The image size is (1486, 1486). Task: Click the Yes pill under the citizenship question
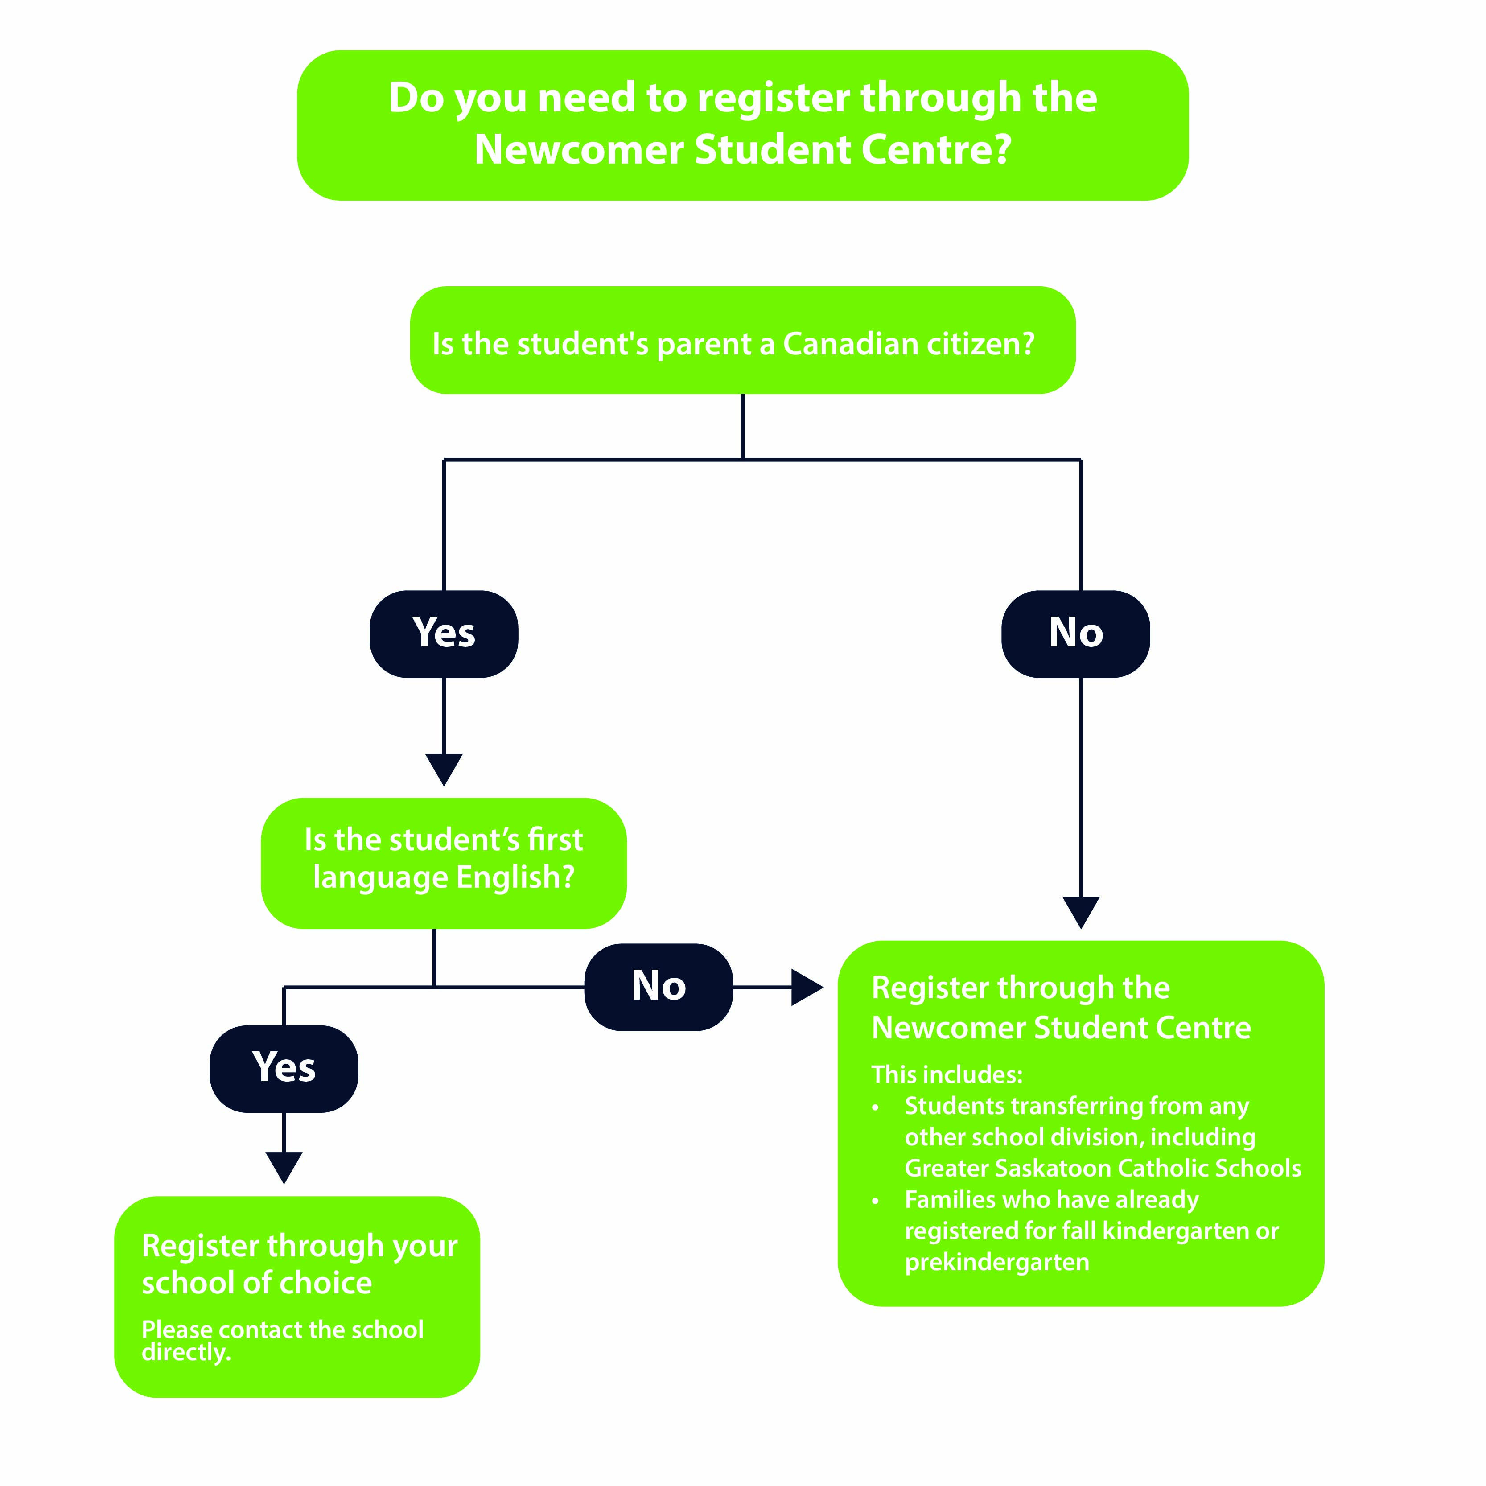click(444, 634)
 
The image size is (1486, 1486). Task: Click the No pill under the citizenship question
click(1075, 634)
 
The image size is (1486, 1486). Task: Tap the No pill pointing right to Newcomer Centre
click(659, 987)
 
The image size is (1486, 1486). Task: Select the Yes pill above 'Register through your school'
click(284, 1068)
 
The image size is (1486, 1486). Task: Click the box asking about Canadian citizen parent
click(742, 341)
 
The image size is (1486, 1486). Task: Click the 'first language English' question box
click(444, 863)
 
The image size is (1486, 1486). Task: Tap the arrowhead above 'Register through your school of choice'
click(284, 1167)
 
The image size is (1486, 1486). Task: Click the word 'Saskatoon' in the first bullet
click(1053, 1169)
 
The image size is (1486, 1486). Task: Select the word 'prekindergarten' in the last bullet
click(997, 1262)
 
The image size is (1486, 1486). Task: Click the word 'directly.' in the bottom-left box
click(186, 1353)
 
